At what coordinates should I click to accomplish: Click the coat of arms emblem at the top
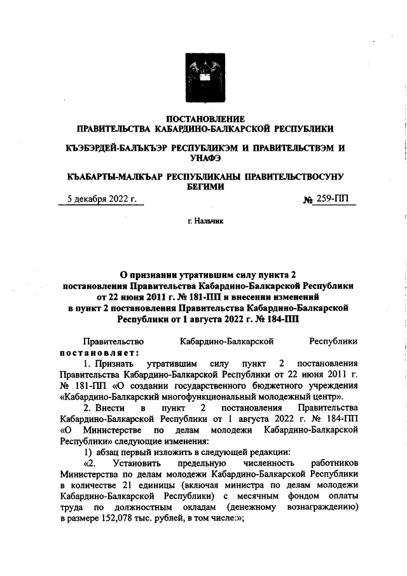click(x=205, y=74)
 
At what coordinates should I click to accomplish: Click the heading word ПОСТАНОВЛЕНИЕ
click(x=205, y=118)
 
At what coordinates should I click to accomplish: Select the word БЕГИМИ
click(x=205, y=186)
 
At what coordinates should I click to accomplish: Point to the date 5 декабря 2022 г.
click(x=102, y=200)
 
